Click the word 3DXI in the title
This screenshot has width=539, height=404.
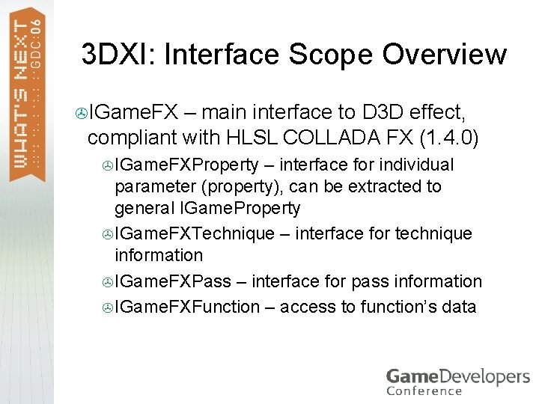[118, 55]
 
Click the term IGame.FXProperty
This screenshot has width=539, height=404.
[186, 165]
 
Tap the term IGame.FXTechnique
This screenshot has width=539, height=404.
[195, 233]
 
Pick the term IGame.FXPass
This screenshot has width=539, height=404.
[173, 281]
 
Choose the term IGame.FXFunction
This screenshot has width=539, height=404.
[187, 306]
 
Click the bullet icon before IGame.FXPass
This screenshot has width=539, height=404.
[107, 282]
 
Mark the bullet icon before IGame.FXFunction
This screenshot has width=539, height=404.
[107, 307]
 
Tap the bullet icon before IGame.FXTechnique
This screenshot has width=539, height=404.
[107, 234]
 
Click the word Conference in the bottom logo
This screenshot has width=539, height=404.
[424, 390]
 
